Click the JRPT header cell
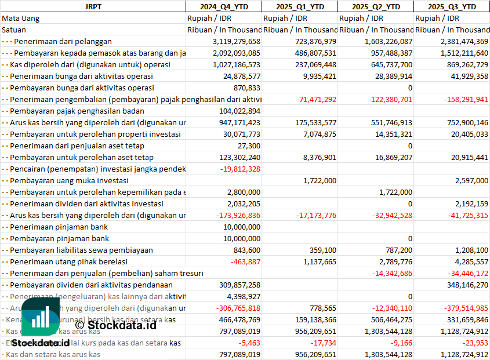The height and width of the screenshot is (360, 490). point(93,6)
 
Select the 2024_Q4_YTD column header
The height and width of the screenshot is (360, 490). point(223,6)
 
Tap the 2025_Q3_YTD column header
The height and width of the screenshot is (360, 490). point(452,6)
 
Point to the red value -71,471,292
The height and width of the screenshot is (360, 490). point(316,99)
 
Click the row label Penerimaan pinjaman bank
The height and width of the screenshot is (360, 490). point(60,227)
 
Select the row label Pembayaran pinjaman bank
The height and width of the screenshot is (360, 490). point(60,238)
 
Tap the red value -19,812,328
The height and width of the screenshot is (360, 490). point(241,169)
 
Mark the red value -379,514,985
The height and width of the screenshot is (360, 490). point(459,308)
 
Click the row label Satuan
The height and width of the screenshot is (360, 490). point(14,30)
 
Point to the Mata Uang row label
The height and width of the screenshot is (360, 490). point(21,18)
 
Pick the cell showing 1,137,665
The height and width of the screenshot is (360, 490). point(320,261)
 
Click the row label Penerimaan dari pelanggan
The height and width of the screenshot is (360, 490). point(63,41)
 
